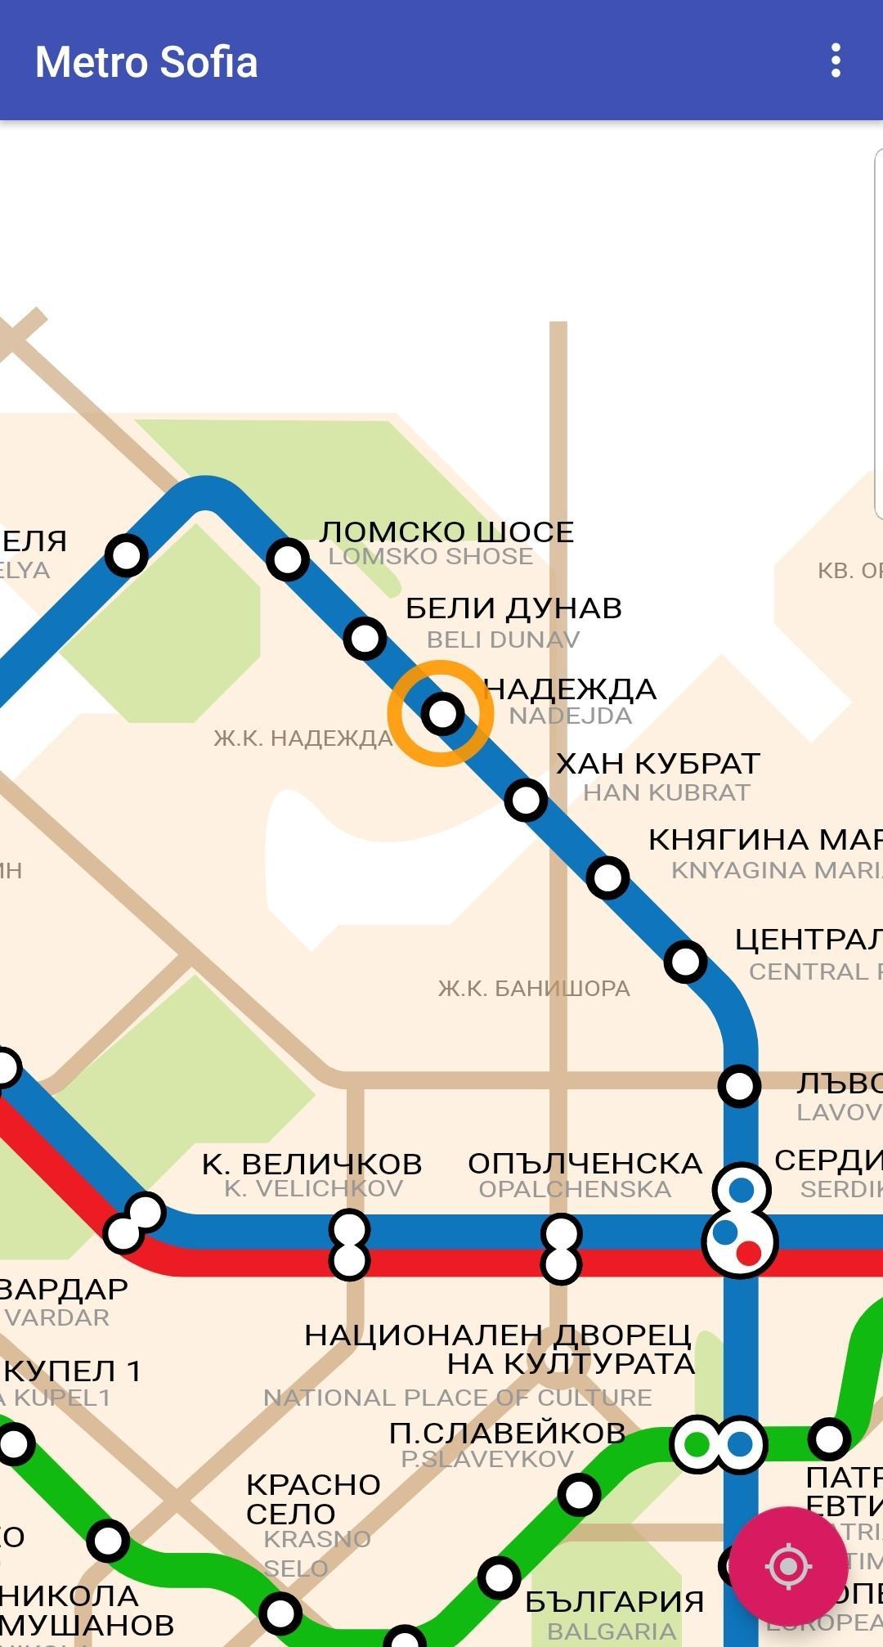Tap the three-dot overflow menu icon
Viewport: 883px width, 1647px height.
835,61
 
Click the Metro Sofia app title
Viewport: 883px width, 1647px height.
146,62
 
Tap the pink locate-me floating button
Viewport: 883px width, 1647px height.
787,1566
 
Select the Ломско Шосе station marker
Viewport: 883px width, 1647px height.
287,559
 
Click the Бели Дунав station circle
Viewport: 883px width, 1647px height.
365,637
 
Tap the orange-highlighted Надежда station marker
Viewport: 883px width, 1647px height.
441,713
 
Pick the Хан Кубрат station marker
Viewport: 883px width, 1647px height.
526,799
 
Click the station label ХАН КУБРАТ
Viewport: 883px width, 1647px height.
658,764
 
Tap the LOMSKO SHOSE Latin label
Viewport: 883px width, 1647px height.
431,557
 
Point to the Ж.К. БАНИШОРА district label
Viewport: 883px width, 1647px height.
534,989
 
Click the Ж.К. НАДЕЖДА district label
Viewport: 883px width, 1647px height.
303,738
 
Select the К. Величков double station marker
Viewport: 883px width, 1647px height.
349,1245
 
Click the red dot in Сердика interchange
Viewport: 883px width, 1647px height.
749,1252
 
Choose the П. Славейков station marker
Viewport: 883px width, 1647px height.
579,1495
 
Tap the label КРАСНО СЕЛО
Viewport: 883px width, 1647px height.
312,1499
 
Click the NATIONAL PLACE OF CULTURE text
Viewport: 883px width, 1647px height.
458,1398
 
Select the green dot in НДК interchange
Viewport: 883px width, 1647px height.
697,1444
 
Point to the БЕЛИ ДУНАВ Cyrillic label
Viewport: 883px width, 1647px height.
513,608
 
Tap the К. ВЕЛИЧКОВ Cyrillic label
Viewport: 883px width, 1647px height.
312,1164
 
